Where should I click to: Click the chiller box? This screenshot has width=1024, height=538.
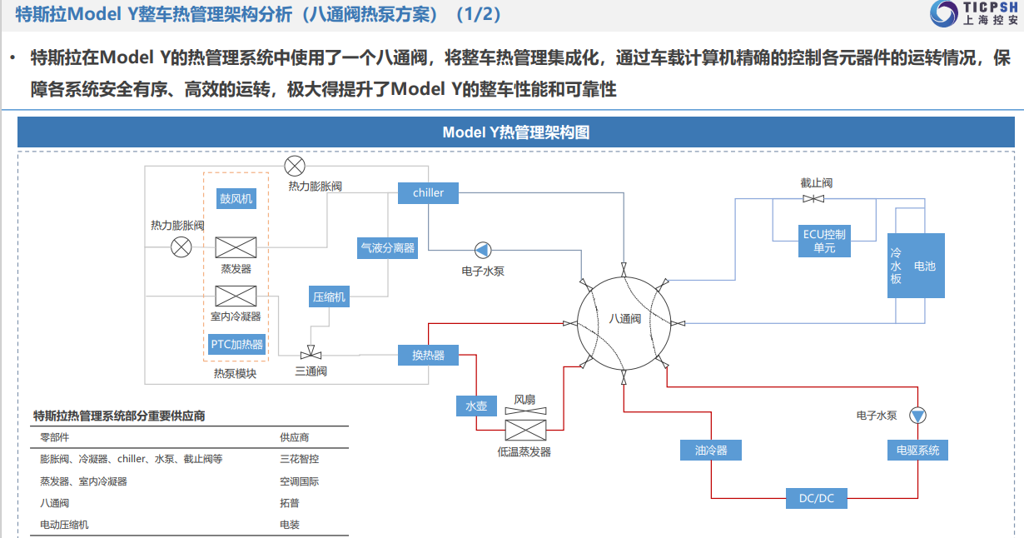(429, 192)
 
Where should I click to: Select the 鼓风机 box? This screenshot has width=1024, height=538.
(236, 199)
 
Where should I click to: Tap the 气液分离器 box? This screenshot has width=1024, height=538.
(387, 247)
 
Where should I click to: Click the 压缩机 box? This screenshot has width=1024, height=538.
(329, 296)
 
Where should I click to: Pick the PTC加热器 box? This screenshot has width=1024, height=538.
(236, 344)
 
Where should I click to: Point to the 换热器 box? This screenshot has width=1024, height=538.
(428, 355)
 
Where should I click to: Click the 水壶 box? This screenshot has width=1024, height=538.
(476, 406)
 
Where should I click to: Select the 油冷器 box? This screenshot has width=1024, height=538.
(710, 450)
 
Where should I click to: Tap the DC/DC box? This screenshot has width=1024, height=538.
(816, 498)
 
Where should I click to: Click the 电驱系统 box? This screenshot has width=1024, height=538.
(917, 450)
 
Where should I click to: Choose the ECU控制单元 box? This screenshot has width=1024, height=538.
(824, 241)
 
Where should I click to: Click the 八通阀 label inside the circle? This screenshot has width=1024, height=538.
(624, 318)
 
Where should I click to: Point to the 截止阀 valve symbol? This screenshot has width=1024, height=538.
(814, 198)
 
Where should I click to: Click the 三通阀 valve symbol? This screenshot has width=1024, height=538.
(311, 355)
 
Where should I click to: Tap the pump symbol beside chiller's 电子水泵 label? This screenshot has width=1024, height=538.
(483, 250)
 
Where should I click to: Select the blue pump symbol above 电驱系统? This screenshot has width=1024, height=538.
(917, 415)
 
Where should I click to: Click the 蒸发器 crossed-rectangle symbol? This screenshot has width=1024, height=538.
(236, 247)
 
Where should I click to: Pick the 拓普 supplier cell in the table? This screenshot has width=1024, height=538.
(290, 503)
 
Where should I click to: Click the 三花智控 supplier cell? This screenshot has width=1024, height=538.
(299, 459)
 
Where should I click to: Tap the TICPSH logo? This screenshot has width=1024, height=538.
(975, 14)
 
